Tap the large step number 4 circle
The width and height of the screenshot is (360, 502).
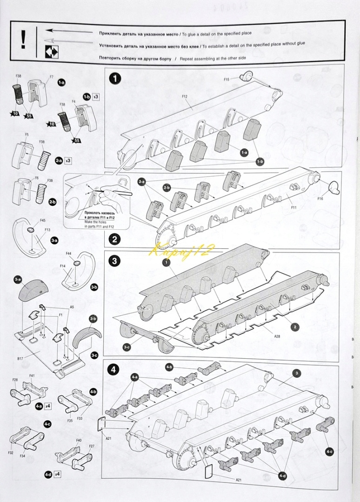coord(114,370)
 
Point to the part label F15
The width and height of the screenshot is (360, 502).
coord(227,79)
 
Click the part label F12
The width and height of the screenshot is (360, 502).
coord(185,97)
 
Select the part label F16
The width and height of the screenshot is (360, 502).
coord(320,199)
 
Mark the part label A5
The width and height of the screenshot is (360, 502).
coord(72,307)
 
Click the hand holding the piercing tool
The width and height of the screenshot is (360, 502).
coord(107,194)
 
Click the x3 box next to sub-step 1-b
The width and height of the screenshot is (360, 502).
coord(95,97)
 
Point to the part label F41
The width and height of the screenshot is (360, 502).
coord(32,376)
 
